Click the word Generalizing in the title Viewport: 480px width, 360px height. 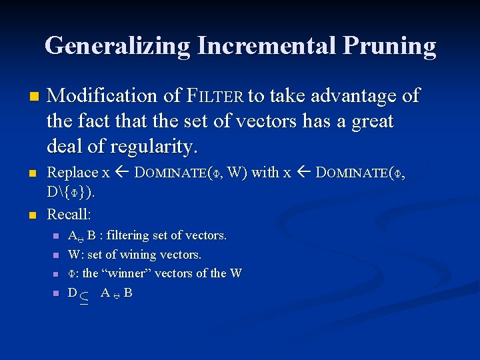click(117, 45)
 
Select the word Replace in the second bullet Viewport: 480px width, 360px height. click(73, 173)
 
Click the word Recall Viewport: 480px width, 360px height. click(69, 215)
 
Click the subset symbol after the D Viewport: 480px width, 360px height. click(84, 295)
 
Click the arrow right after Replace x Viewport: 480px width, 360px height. click(123, 173)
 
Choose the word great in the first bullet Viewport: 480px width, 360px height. click(371, 121)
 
